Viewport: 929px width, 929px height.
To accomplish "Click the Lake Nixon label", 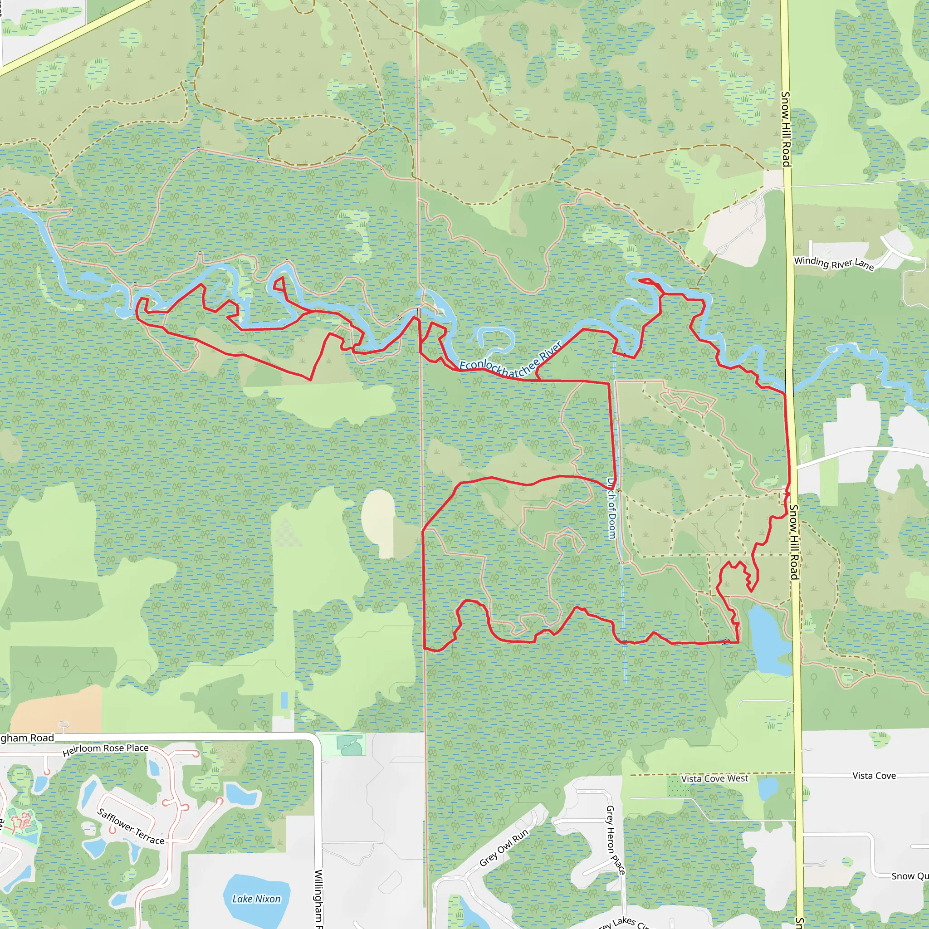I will [x=256, y=899].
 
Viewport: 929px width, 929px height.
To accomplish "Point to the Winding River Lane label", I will [x=833, y=263].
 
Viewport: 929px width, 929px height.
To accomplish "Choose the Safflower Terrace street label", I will [x=130, y=826].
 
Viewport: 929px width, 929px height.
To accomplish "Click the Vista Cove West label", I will [x=714, y=778].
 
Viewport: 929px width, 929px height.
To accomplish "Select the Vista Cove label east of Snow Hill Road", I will [x=874, y=776].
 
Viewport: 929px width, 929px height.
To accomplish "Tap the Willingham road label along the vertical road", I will [x=318, y=898].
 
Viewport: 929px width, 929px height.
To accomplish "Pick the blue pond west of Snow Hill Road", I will [x=769, y=640].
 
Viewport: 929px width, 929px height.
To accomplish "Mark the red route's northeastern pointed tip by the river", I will [x=640, y=279].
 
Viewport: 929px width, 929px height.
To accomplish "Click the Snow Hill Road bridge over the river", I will [x=789, y=382].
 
